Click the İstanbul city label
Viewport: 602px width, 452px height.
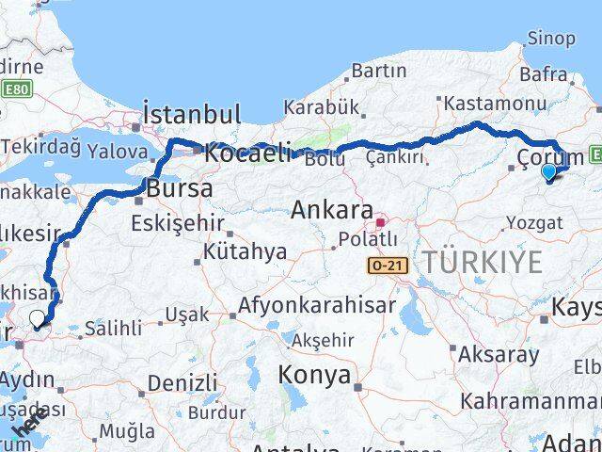(x=192, y=115)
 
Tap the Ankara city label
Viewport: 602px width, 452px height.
(x=332, y=210)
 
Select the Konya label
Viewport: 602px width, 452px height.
(x=313, y=376)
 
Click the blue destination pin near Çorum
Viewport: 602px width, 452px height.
(x=549, y=171)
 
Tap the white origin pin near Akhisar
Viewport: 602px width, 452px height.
(x=38, y=319)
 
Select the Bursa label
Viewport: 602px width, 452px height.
(x=179, y=188)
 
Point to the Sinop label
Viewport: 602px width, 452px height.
(x=551, y=39)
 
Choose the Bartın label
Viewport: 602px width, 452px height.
(x=380, y=71)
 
